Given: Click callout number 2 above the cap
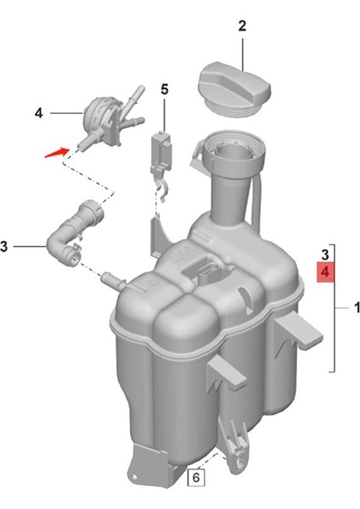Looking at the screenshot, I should click(x=242, y=26).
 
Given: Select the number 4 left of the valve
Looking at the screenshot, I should click(x=39, y=111).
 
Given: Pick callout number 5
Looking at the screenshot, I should click(x=165, y=88).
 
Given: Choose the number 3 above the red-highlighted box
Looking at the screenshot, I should click(x=324, y=254).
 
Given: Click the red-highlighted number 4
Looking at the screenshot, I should click(x=324, y=271).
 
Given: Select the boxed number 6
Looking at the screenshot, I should click(x=195, y=478).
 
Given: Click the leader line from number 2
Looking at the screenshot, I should click(x=242, y=53).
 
